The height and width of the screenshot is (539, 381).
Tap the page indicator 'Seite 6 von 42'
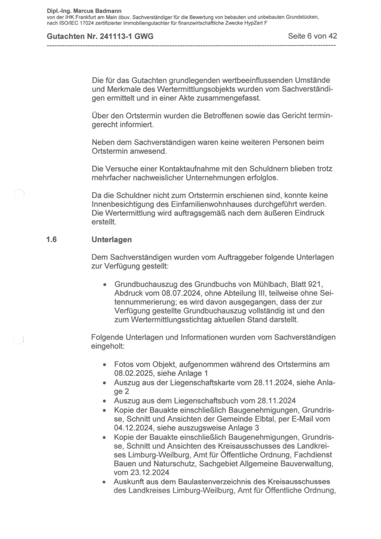pyautogui.click(x=312, y=36)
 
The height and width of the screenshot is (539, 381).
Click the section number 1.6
pyautogui.click(x=51, y=240)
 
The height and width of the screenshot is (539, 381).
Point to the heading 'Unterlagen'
pyautogui.click(x=112, y=240)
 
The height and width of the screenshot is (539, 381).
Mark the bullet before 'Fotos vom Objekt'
pyautogui.click(x=105, y=365)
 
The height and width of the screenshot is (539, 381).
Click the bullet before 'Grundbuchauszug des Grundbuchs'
pyautogui.click(x=105, y=284)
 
